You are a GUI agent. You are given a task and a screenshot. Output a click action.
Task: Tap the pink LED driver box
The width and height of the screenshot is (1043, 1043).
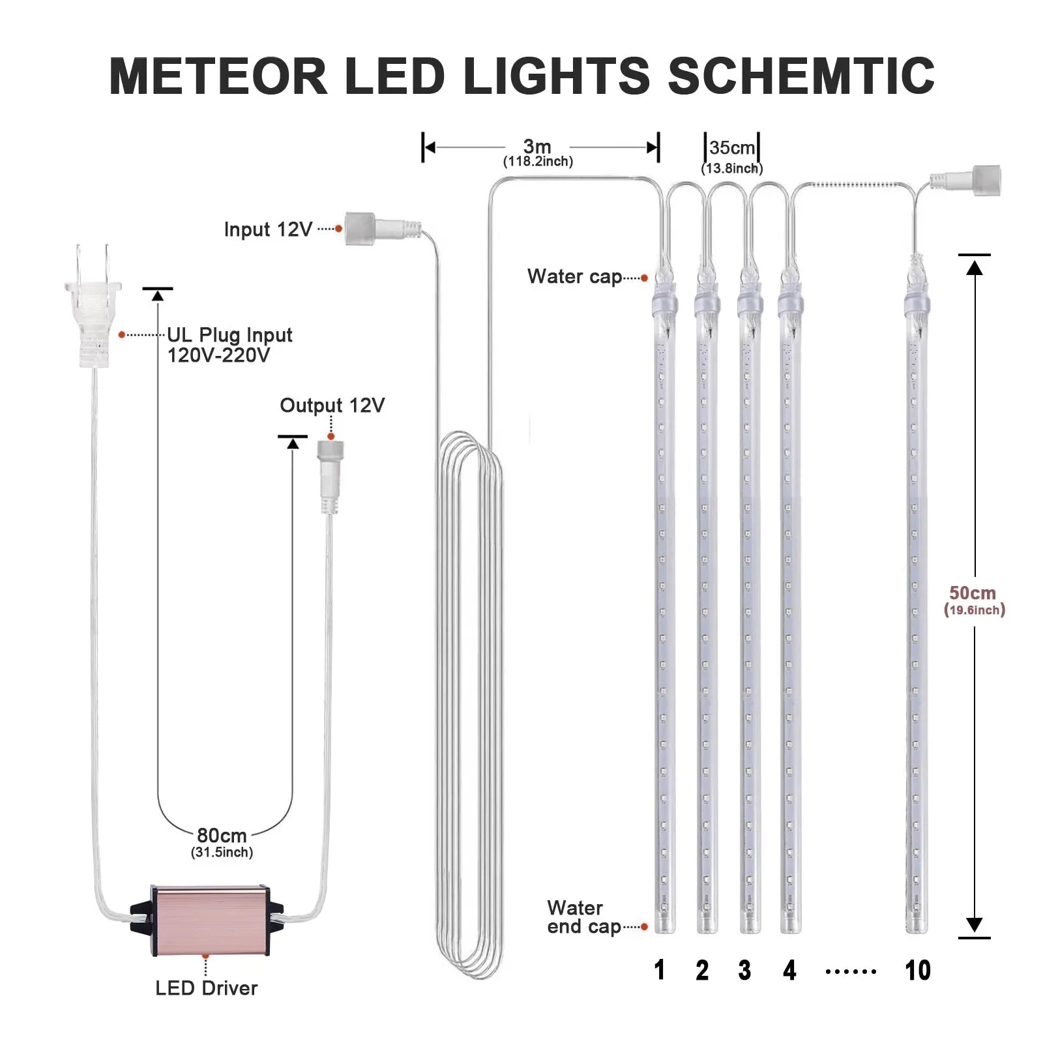(x=207, y=920)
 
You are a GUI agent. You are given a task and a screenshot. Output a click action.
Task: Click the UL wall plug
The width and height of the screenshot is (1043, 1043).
(x=93, y=306)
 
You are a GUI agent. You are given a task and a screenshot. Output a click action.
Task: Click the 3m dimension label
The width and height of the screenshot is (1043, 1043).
(x=537, y=147)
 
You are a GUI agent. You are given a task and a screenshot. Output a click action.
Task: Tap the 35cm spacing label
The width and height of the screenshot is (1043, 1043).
(x=731, y=148)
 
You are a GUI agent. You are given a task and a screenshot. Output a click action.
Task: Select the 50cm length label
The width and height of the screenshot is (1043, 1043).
(x=972, y=593)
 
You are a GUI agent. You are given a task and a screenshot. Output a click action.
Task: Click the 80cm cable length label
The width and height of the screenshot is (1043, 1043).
(x=222, y=836)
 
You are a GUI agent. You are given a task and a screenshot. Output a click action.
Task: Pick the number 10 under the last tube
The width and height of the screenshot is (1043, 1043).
(x=917, y=971)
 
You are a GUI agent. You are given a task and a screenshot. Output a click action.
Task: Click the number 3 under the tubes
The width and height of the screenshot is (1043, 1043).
(x=744, y=971)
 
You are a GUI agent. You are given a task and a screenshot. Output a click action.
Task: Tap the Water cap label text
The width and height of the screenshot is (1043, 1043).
(x=574, y=276)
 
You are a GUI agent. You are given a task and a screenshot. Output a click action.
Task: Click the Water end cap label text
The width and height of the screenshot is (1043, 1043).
(x=583, y=917)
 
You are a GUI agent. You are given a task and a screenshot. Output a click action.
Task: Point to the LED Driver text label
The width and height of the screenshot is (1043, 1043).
(x=206, y=988)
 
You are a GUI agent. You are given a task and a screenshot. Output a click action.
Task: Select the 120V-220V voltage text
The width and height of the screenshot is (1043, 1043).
(x=218, y=355)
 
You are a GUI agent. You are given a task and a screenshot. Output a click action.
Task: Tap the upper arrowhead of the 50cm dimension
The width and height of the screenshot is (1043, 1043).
(x=974, y=267)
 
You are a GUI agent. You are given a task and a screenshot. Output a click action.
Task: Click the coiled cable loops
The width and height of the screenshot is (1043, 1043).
(x=469, y=704)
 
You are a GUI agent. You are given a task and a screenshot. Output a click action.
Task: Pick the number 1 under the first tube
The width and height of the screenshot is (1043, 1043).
(x=659, y=971)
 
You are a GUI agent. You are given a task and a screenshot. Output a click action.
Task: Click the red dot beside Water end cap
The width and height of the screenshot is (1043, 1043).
(x=644, y=926)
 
